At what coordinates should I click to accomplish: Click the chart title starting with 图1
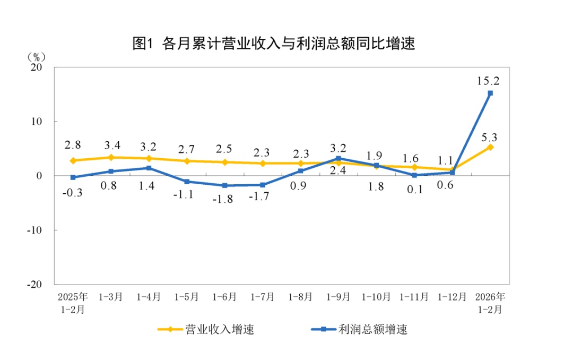coord(273,44)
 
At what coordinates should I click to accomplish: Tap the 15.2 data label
coord(489,81)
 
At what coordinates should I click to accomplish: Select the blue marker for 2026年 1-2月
coord(490,93)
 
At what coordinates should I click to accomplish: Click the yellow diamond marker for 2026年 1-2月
coord(490,147)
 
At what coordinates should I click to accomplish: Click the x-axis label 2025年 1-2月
coord(73,302)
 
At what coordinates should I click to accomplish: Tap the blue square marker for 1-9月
coord(338,158)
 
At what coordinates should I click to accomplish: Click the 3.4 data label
coord(111,144)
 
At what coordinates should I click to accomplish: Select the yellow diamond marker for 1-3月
coord(111,157)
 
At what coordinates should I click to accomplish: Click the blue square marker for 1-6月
coord(224,185)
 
